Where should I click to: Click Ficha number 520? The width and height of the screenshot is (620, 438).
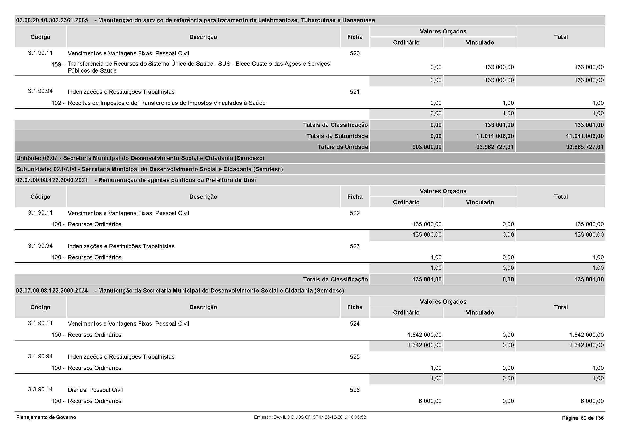355,54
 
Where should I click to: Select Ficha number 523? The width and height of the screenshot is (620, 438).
355,246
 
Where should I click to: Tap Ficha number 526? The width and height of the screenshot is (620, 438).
355,390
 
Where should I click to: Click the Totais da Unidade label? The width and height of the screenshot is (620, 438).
343,147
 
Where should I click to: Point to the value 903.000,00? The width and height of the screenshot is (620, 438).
427,147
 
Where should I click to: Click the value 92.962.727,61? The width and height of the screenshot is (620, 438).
495,147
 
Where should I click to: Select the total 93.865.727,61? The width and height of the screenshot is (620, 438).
585,147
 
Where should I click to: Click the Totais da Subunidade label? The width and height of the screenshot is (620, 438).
337,136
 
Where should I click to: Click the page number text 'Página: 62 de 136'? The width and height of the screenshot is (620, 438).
583,418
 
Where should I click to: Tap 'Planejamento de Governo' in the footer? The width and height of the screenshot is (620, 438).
46,417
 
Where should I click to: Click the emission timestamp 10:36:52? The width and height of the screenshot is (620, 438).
357,417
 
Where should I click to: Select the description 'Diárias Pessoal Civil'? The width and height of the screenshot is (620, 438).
95,390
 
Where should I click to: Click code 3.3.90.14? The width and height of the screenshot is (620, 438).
40,390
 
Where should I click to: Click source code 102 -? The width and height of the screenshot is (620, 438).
58,103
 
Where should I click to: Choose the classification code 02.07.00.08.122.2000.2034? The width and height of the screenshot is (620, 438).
52,291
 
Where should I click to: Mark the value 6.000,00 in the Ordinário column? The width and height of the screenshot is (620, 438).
430,401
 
